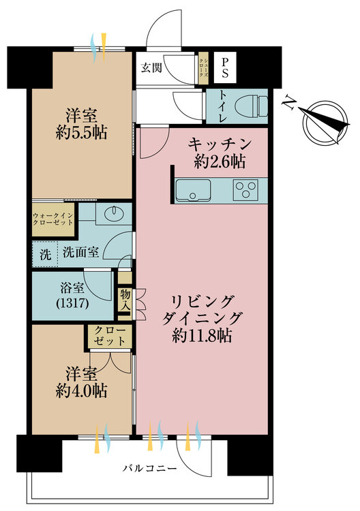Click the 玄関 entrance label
151,67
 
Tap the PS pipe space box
225,67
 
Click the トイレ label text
223,106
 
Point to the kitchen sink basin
193,190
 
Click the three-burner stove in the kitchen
245,189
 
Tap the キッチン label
220,144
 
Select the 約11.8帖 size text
202,335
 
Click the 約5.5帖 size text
81,132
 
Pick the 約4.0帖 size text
81,390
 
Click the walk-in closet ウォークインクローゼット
53,219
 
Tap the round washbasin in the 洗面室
114,213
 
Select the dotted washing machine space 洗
45,254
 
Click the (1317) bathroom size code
72,304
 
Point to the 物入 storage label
125,300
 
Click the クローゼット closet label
110,336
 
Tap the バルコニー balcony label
150,469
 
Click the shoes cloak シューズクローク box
203,67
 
